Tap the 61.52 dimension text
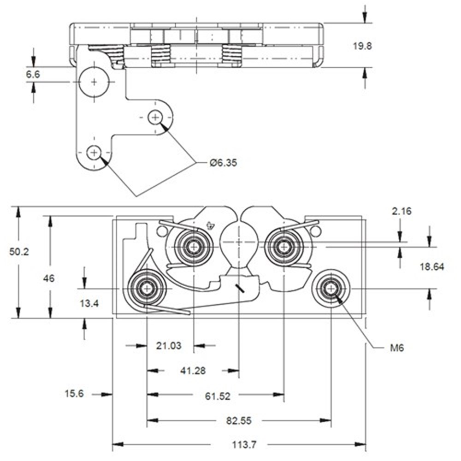point(217,396)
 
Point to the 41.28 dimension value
point(193,371)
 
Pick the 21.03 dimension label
point(169,345)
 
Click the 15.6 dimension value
point(74,394)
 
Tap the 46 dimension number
point(49,278)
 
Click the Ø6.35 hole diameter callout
point(223,163)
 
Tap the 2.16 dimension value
point(402,212)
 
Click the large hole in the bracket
point(94,82)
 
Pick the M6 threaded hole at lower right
point(331,289)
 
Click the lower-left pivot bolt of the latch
point(147,289)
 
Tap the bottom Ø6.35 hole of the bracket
point(94,152)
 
